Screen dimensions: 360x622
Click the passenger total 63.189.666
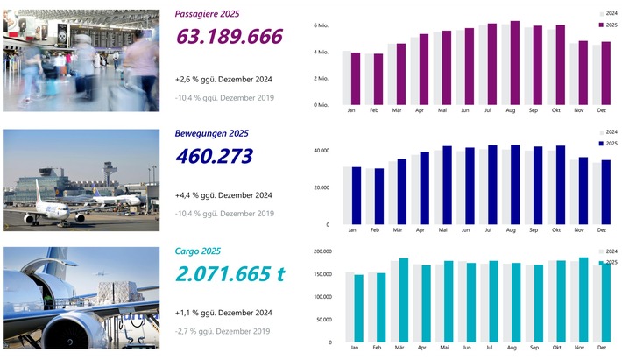230,37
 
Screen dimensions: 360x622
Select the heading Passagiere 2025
207,14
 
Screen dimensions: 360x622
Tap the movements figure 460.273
214,157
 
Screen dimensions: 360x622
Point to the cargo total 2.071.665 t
230,273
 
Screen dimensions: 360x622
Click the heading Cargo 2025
198,251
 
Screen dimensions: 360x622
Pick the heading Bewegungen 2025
212,133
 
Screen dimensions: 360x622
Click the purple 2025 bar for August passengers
515,63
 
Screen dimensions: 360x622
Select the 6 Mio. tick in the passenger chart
321,26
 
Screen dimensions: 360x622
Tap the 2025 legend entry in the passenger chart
607,25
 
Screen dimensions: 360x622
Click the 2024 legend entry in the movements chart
607,132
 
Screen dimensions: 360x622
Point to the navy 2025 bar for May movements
448,185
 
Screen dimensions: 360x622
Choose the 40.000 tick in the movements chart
319,151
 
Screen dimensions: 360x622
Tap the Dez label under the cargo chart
602,350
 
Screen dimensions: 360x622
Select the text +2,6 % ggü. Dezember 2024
224,80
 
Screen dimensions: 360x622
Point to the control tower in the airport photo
107,173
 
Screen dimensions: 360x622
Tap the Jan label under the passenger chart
351,111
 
